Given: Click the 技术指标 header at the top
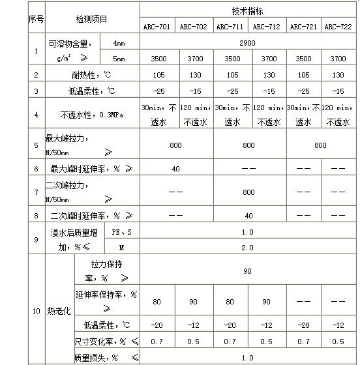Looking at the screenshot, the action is [247, 11].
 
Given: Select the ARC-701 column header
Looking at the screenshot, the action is [157, 27].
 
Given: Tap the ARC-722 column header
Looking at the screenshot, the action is [338, 27].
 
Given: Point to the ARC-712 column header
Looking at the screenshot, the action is [266, 27].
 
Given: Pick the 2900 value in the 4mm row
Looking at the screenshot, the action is [247, 43].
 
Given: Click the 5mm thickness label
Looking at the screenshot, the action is [118, 59].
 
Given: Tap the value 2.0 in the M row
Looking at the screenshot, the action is [247, 248].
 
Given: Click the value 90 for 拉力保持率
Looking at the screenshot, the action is [247, 270].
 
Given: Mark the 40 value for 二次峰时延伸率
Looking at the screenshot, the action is [248, 215].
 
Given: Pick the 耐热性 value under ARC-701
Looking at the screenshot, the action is [157, 75].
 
